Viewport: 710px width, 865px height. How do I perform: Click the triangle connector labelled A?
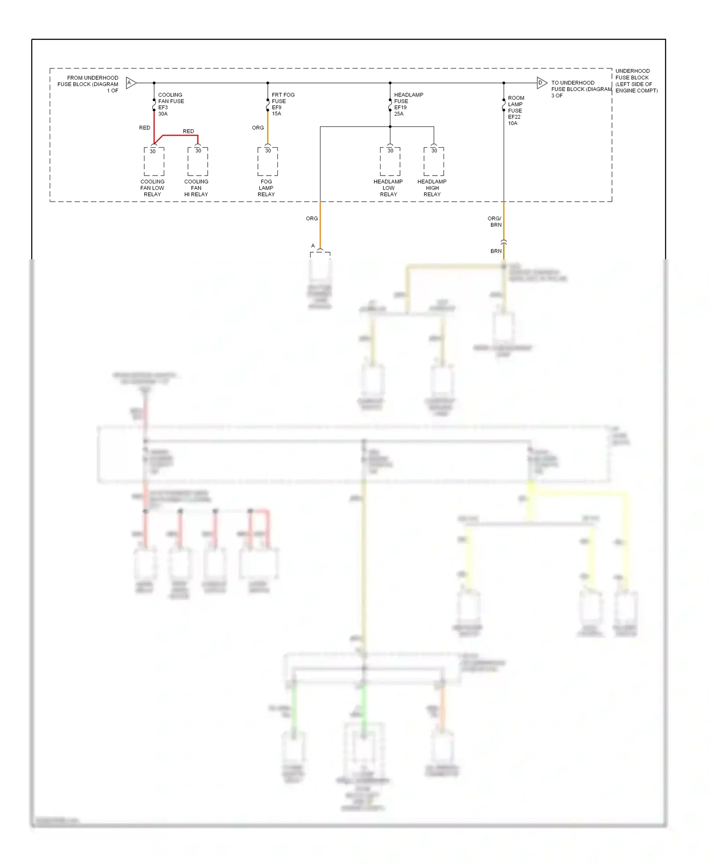tap(131, 83)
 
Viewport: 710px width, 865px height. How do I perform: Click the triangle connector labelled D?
tap(541, 83)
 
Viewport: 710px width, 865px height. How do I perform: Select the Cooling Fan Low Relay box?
tap(154, 161)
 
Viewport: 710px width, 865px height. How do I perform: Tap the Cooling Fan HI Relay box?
tap(197, 161)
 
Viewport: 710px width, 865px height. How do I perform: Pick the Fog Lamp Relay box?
tap(267, 161)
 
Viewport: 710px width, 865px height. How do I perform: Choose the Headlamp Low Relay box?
tap(390, 161)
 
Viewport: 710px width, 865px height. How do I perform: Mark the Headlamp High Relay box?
tap(434, 161)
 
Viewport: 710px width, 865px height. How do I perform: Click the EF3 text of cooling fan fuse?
tap(163, 107)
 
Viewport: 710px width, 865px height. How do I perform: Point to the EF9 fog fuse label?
tap(276, 107)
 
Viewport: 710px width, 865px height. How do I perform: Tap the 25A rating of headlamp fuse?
tap(399, 114)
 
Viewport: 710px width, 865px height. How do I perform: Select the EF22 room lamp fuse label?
tap(514, 117)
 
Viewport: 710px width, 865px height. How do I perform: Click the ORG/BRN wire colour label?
tap(495, 221)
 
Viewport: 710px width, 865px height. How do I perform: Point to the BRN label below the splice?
tap(496, 251)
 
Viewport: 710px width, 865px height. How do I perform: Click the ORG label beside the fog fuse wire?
tap(257, 128)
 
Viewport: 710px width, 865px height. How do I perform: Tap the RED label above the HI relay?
tap(188, 131)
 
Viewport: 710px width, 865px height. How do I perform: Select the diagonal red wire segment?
tap(159, 140)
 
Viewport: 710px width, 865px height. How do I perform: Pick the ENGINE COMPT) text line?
tap(636, 90)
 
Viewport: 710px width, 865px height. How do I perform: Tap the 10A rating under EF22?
tap(513, 123)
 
